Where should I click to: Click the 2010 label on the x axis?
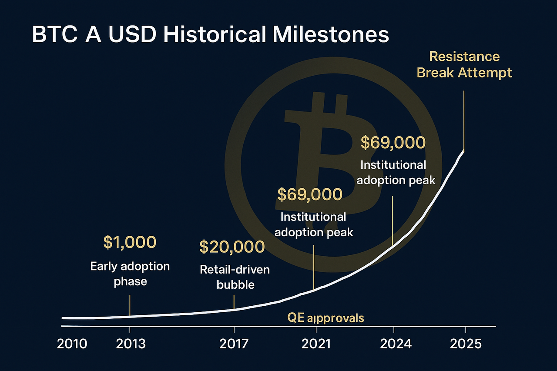pyautogui.click(x=72, y=344)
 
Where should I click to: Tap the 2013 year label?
pyautogui.click(x=131, y=344)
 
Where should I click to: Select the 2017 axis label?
pyautogui.click(x=234, y=344)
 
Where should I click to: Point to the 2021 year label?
pyautogui.click(x=316, y=344)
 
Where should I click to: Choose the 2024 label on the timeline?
pyautogui.click(x=396, y=344)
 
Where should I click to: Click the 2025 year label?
pyautogui.click(x=466, y=344)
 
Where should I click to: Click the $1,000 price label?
pyautogui.click(x=130, y=242)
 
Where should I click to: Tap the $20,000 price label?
pyautogui.click(x=232, y=247)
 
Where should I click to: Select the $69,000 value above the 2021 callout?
pyautogui.click(x=310, y=194)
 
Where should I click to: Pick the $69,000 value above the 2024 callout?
pyautogui.click(x=393, y=143)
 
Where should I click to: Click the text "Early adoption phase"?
pyautogui.click(x=130, y=274)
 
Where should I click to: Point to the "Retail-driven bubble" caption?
pyautogui.click(x=235, y=277)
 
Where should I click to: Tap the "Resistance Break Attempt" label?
pyautogui.click(x=464, y=65)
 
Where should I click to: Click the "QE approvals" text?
pyautogui.click(x=325, y=318)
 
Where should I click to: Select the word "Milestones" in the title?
pyautogui.click(x=331, y=35)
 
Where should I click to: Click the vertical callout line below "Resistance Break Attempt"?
pyautogui.click(x=464, y=121)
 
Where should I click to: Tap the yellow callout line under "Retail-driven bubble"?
pyautogui.click(x=234, y=302)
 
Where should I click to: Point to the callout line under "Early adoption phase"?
pyautogui.click(x=130, y=306)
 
